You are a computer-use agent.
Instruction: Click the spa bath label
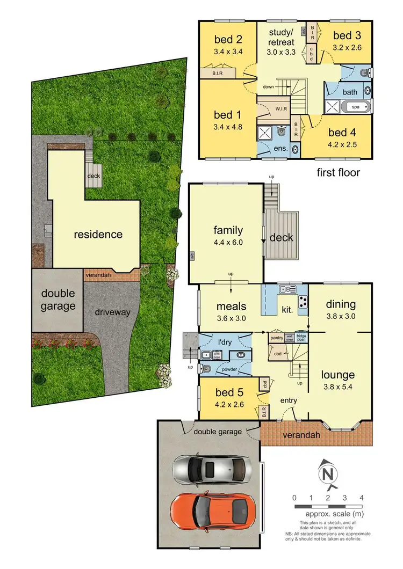(355, 107)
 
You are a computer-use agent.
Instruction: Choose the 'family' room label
(228, 231)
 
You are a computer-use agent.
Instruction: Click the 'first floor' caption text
(338, 172)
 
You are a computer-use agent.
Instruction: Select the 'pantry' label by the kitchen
(277, 338)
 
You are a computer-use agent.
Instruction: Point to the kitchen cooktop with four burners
(304, 302)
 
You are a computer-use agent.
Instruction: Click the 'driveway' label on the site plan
(112, 312)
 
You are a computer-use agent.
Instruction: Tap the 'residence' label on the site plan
(98, 234)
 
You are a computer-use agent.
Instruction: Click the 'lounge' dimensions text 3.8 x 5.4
(338, 385)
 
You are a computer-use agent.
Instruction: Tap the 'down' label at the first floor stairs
(268, 87)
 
